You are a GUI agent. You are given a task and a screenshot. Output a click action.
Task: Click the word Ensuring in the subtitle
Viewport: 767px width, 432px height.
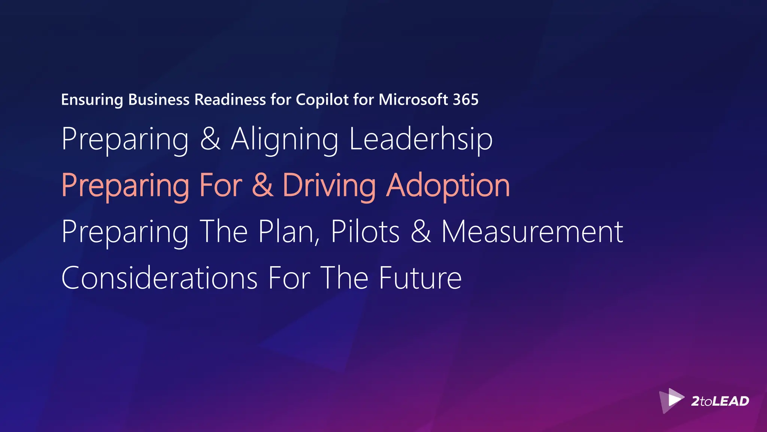coord(92,100)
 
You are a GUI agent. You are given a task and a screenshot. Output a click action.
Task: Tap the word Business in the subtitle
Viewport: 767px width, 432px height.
coord(159,100)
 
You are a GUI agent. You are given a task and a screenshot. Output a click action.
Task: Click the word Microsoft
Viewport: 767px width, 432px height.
coord(413,100)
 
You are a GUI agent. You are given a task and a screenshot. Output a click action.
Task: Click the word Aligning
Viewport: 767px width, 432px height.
coord(285,139)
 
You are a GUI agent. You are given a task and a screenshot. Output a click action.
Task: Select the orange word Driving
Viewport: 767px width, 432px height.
coord(329,186)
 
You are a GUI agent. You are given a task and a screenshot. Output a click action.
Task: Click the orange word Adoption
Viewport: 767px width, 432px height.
coord(448,186)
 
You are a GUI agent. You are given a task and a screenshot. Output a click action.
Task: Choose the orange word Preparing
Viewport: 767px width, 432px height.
coord(125,186)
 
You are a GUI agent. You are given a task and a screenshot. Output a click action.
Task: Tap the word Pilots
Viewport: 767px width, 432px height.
coord(365,232)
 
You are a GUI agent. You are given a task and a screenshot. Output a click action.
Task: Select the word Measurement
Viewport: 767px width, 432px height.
coord(532,232)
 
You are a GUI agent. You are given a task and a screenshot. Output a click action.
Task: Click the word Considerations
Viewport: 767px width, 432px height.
coord(159,278)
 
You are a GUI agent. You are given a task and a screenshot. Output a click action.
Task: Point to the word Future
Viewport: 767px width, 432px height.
coord(420,278)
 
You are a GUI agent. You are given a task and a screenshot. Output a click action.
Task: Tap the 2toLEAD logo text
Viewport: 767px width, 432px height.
coord(720,401)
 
